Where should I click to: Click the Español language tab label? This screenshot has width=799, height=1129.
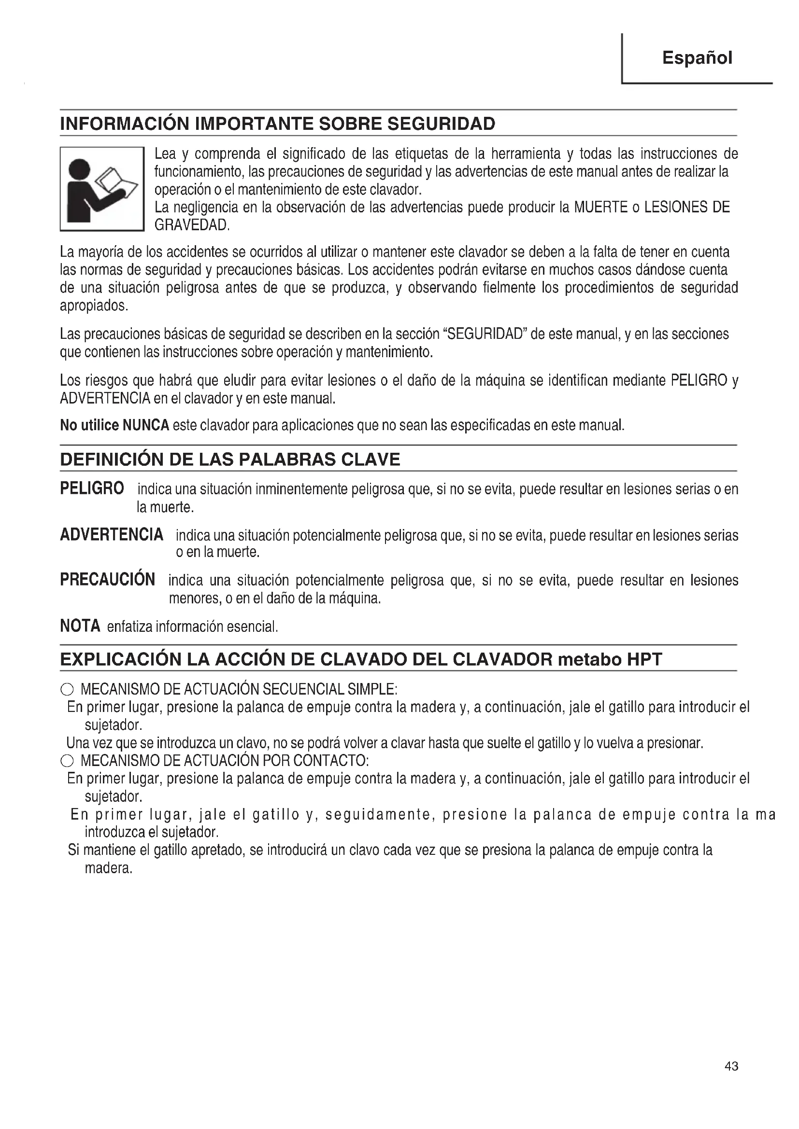tap(697, 58)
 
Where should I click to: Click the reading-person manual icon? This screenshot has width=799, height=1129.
tap(102, 189)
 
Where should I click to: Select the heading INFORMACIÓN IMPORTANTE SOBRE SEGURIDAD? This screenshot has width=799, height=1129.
tap(277, 124)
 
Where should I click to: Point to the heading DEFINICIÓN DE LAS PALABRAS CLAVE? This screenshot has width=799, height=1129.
tap(230, 459)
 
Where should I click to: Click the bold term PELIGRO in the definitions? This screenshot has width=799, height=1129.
tap(92, 488)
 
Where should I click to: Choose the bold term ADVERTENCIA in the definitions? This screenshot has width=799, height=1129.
tap(112, 534)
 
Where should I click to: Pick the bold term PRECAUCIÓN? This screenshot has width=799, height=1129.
tap(107, 579)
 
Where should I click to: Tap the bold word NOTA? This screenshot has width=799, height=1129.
tap(80, 626)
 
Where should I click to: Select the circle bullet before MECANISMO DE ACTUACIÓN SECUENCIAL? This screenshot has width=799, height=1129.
tap(67, 689)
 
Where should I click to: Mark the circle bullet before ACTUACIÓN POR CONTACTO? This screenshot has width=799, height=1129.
tap(67, 761)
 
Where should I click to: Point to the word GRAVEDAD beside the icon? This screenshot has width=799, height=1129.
tap(191, 225)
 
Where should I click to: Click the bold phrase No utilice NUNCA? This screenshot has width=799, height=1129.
tap(114, 425)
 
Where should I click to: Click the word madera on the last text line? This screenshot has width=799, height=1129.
tap(108, 868)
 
